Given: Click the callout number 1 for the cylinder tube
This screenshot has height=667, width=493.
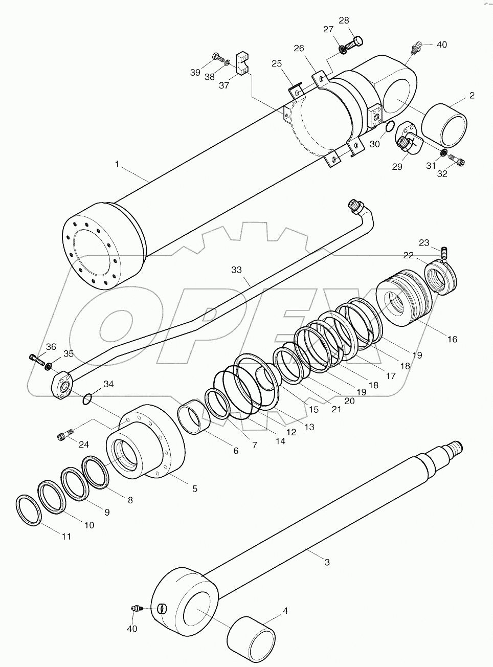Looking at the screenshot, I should click(117, 164).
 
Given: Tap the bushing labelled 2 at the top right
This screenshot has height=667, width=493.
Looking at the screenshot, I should click(445, 125).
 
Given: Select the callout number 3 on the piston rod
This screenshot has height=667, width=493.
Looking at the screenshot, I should click(327, 562).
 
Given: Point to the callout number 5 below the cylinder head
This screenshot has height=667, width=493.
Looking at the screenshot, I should click(195, 488).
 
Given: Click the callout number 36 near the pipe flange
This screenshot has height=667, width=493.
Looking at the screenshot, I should click(51, 347).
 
